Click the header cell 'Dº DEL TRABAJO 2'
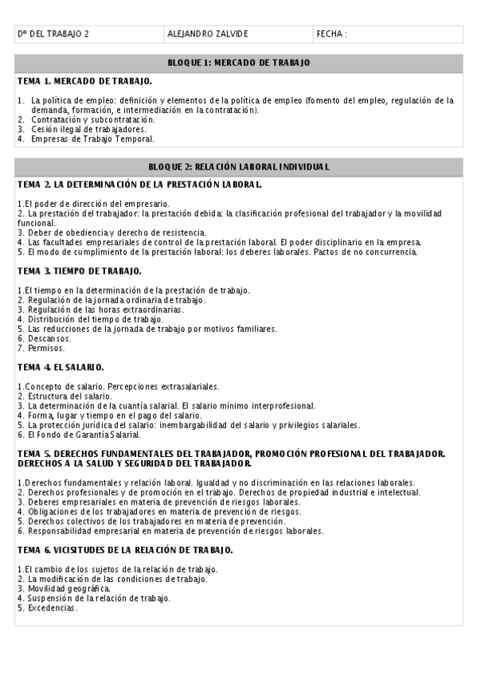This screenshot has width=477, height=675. pyautogui.click(x=53, y=34)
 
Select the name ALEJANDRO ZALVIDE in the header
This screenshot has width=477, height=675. pyautogui.click(x=209, y=34)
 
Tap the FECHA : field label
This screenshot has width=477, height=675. pyautogui.click(x=331, y=34)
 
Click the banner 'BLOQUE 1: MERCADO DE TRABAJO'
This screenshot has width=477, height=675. pyautogui.click(x=239, y=62)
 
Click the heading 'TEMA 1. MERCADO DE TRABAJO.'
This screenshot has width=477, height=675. pyautogui.click(x=85, y=81)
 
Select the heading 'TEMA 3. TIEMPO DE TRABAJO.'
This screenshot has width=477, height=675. pyautogui.click(x=80, y=271)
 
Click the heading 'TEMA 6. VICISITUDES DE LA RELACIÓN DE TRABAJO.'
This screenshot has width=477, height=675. pyautogui.click(x=125, y=550)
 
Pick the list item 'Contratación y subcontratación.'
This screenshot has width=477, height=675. pyautogui.click(x=92, y=119)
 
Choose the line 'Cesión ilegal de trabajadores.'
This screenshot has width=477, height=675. pyautogui.click(x=88, y=129)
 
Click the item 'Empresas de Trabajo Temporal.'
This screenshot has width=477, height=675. pyautogui.click(x=92, y=139)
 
